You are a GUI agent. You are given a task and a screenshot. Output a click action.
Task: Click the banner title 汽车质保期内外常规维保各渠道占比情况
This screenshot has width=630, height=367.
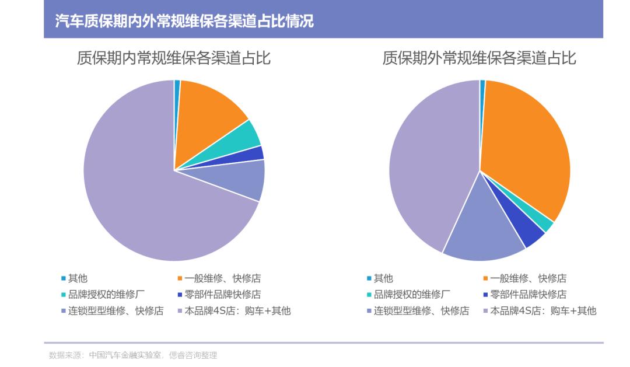[x=184, y=22]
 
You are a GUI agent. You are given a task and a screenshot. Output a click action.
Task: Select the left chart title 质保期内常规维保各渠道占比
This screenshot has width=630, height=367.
[x=174, y=58]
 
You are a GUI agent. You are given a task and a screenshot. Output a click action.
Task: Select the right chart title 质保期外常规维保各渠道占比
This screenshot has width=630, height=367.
[x=480, y=58]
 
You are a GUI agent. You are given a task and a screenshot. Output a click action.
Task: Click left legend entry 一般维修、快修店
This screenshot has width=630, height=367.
[x=222, y=278]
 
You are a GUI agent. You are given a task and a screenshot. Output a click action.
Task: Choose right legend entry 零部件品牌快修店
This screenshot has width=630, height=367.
[x=528, y=295]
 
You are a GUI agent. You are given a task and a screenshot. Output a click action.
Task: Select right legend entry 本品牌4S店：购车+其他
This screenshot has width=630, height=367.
[x=542, y=311]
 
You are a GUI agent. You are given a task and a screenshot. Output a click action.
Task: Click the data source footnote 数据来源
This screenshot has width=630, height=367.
[x=133, y=355]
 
